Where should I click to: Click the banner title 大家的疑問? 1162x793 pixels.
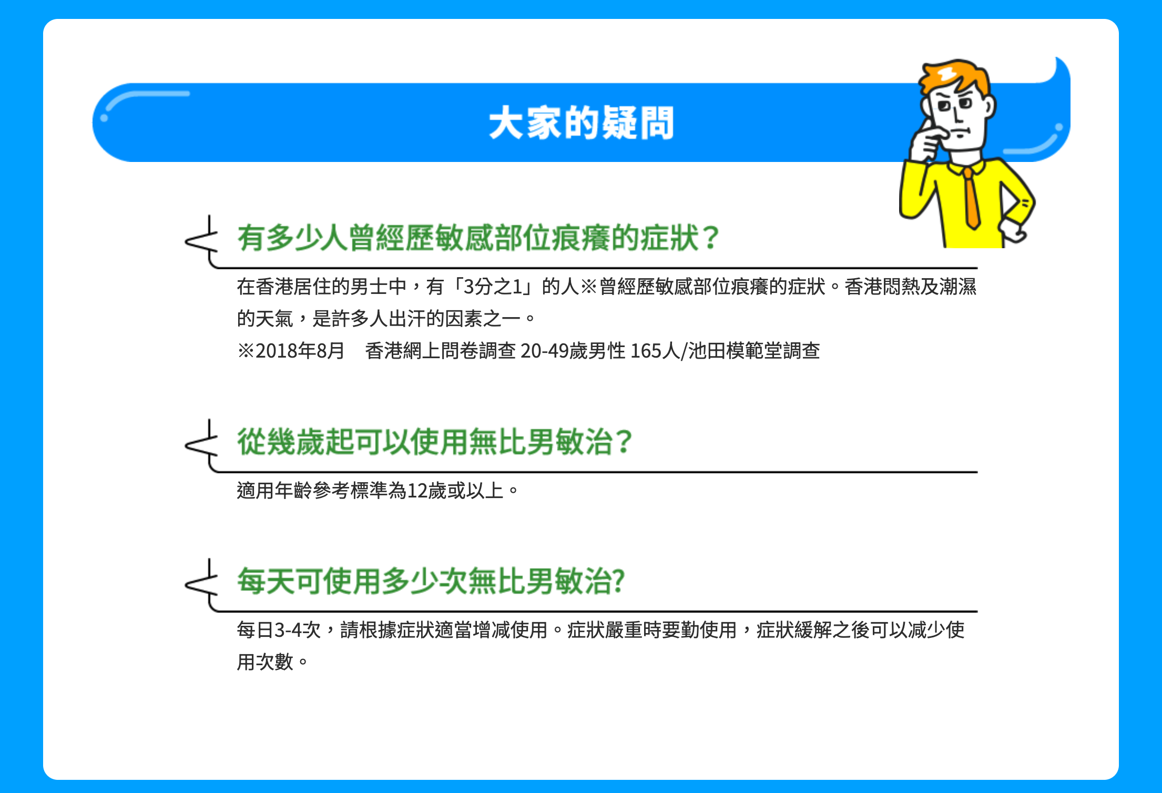point(581,123)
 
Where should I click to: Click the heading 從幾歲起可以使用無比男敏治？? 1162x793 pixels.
point(435,442)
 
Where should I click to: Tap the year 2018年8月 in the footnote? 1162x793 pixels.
point(300,351)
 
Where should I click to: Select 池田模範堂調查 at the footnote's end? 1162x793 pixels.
point(754,351)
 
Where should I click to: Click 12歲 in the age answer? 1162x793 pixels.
point(427,491)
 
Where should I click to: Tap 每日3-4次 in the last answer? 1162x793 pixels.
point(279,630)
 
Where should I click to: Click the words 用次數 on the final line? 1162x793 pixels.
point(265,662)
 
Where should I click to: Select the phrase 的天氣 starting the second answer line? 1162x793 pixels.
point(265,319)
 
